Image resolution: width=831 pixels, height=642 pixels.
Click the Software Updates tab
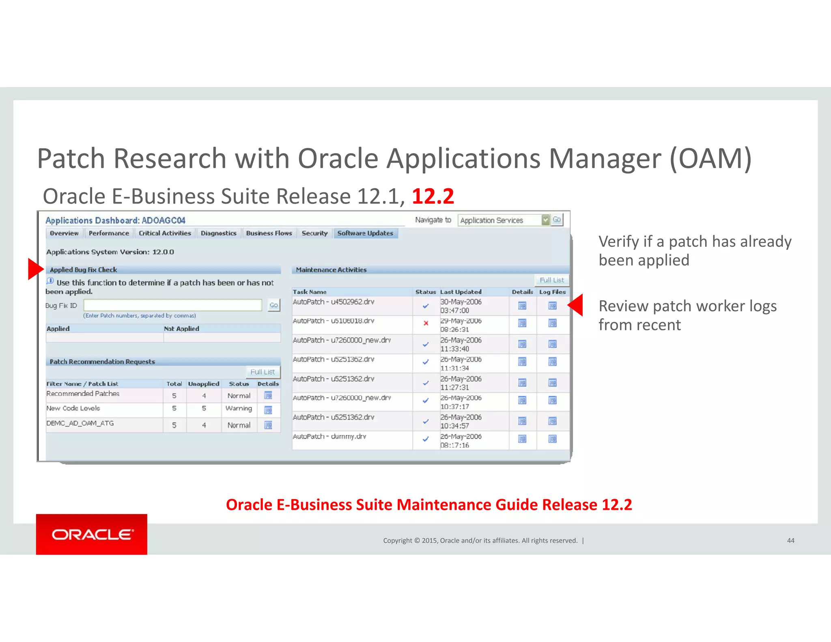(365, 233)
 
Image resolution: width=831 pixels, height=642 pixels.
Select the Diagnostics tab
(218, 233)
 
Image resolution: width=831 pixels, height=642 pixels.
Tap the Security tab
(314, 233)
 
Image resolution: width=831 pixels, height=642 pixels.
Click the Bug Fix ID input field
(172, 305)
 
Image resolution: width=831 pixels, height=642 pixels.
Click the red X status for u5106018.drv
(426, 323)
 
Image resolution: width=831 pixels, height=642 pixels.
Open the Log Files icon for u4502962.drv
(552, 306)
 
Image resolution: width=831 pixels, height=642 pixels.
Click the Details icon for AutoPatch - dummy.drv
(522, 439)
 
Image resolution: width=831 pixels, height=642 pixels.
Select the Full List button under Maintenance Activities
(551, 280)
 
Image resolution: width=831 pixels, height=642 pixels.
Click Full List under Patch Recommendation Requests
(263, 372)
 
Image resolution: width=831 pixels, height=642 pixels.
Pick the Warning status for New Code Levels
(239, 408)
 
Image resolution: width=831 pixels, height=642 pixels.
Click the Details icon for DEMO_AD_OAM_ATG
(268, 425)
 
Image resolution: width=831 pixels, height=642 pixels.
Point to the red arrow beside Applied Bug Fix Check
(35, 269)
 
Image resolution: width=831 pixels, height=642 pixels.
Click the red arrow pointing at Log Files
(576, 305)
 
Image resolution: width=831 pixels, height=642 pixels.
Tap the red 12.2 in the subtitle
(433, 196)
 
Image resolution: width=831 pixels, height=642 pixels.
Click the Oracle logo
(92, 534)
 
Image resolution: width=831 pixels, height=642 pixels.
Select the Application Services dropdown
(503, 220)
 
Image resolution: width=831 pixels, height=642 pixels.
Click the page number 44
(790, 541)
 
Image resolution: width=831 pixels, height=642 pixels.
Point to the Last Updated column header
(461, 292)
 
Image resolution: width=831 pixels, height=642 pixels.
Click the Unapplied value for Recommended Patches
(204, 396)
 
